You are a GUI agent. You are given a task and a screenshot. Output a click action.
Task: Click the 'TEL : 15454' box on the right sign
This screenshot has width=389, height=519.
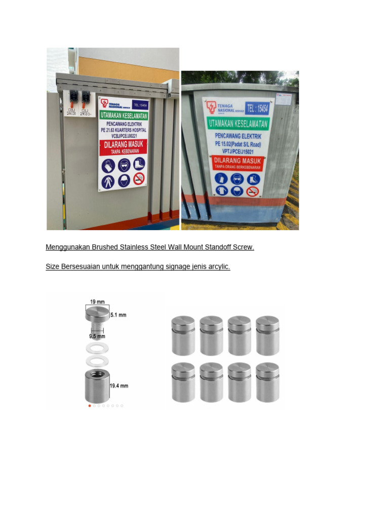tap(257, 108)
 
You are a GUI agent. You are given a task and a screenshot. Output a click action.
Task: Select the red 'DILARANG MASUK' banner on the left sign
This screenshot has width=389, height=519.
tap(124, 147)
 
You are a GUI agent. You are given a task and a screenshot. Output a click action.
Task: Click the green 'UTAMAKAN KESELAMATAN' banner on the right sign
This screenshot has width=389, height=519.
tap(239, 123)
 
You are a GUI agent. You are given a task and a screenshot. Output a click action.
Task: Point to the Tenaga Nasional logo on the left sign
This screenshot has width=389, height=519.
tap(105, 103)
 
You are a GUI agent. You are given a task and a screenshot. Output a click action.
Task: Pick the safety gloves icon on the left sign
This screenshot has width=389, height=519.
tap(108, 166)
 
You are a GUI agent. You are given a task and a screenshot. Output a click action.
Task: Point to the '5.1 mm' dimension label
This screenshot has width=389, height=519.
tap(118, 315)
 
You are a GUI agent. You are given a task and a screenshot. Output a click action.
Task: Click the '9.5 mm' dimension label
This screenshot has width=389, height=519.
tap(97, 336)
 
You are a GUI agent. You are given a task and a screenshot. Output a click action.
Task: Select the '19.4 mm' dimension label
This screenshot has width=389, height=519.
tap(119, 386)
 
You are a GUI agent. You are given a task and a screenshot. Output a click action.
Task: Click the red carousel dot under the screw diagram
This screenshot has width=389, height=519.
tap(90, 405)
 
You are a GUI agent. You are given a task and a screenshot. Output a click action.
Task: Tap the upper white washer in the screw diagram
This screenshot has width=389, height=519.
tap(97, 348)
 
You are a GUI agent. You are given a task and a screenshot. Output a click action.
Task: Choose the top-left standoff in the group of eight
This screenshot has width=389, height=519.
tap(183, 336)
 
